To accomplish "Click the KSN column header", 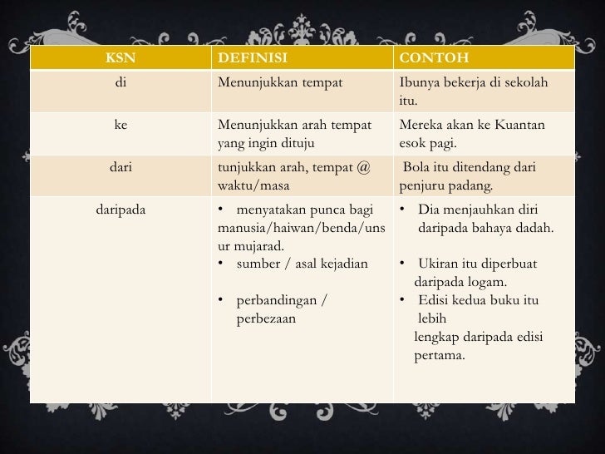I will click(x=121, y=58).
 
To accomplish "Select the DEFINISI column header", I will click(x=252, y=58).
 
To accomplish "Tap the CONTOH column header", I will click(x=434, y=58).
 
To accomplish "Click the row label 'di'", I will click(x=121, y=82).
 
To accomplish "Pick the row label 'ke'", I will click(x=121, y=125).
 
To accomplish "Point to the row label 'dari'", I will click(x=121, y=167).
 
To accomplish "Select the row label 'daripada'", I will click(x=121, y=210).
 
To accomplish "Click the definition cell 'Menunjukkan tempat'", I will click(x=279, y=82).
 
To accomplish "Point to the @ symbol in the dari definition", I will click(x=363, y=168).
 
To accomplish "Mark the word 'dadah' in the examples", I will click(x=537, y=228).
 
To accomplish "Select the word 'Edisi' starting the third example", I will click(x=435, y=300).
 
